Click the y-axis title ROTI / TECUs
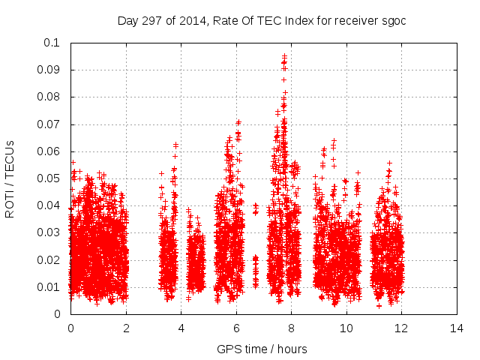click(10, 178)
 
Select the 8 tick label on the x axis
click(291, 328)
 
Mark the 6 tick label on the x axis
click(236, 328)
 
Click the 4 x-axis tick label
click(181, 328)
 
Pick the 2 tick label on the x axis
click(126, 328)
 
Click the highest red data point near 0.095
click(284, 56)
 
